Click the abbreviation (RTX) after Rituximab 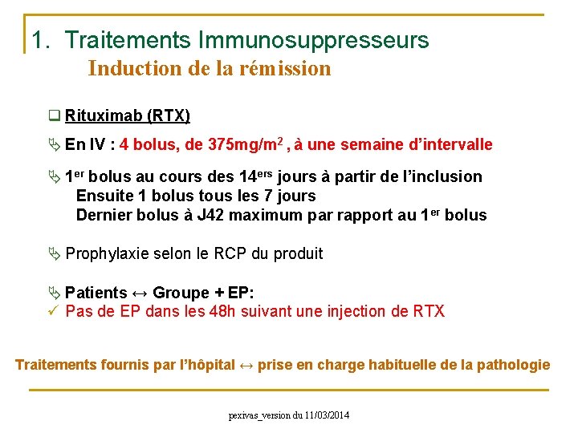coord(169,116)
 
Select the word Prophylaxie coord(108,253)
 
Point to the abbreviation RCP coord(231,253)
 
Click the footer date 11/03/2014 coord(328,415)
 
